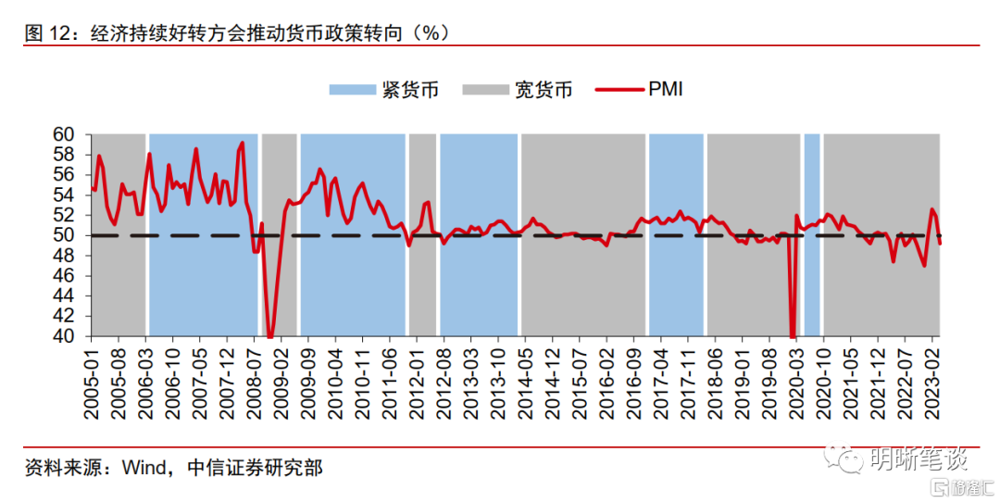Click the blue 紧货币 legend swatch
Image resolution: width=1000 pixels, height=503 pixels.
pyautogui.click(x=352, y=90)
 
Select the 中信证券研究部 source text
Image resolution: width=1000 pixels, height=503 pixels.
pyautogui.click(x=254, y=468)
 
